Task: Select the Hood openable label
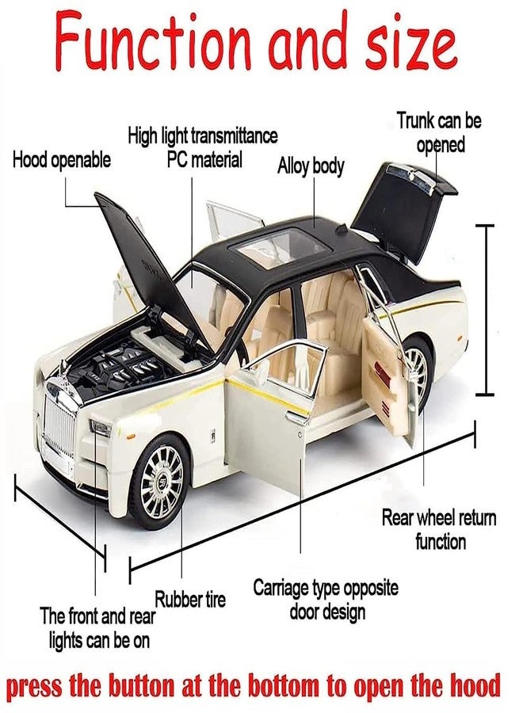click(x=62, y=161)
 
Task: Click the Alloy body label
click(x=311, y=166)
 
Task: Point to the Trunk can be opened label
click(x=439, y=132)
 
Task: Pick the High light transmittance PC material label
click(x=203, y=147)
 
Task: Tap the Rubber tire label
click(x=189, y=599)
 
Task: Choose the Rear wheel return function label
click(x=439, y=530)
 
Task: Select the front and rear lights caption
click(x=96, y=627)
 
